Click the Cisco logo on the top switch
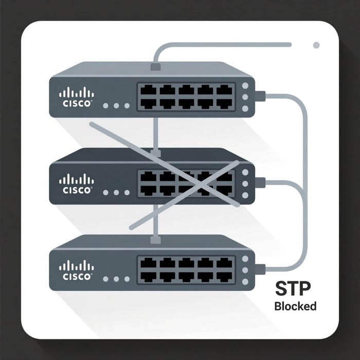point(77,96)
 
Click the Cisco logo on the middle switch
point(77,183)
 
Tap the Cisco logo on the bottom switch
point(77,269)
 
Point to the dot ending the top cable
point(316,45)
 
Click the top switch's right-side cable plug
point(260,95)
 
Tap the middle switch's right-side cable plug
point(260,182)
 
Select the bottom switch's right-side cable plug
point(260,268)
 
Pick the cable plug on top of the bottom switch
point(155,239)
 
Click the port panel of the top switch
point(186,97)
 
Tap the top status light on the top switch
point(245,86)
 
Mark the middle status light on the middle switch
point(245,183)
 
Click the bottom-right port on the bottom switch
point(224,276)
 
